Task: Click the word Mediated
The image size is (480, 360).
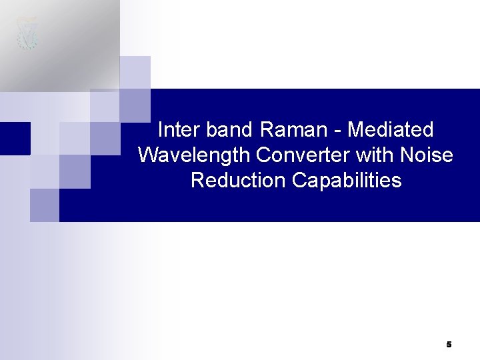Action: pyautogui.click(x=391, y=129)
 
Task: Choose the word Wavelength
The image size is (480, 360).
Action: pyautogui.click(x=194, y=155)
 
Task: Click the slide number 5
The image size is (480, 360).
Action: pyautogui.click(x=449, y=344)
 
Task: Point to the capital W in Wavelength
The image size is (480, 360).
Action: pyautogui.click(x=147, y=155)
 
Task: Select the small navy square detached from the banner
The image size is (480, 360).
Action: pyautogui.click(x=15, y=138)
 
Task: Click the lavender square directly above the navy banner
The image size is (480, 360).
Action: pyautogui.click(x=135, y=72)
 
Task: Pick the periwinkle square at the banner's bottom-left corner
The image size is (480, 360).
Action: pyautogui.click(x=45, y=205)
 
